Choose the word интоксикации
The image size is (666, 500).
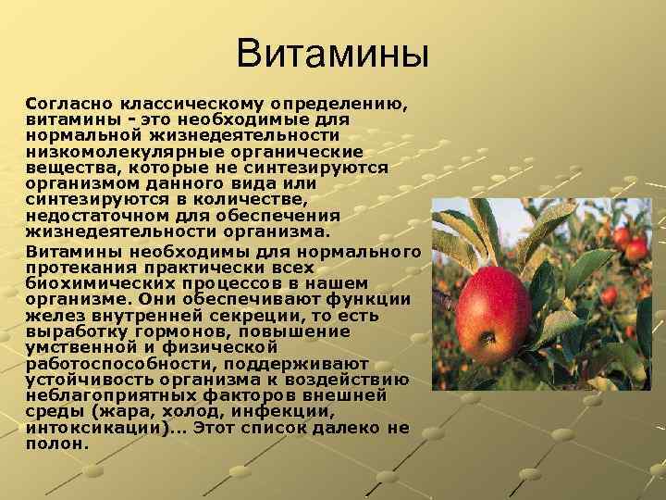tap(94, 426)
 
